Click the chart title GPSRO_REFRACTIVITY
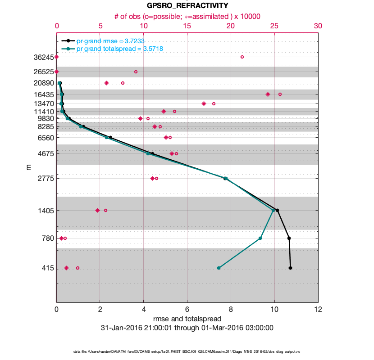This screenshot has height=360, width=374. (187, 6)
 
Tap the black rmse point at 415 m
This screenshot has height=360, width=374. (290, 268)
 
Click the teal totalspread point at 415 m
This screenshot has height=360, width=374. (219, 268)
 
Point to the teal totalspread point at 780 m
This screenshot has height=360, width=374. (260, 238)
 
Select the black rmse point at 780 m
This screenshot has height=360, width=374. (289, 238)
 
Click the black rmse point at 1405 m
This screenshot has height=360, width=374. (277, 210)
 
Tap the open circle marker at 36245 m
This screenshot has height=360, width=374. (242, 57)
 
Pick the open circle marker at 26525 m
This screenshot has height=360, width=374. (136, 72)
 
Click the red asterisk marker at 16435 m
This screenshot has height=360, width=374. (268, 94)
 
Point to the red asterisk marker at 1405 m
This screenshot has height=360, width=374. (97, 210)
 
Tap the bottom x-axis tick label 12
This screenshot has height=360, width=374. (318, 310)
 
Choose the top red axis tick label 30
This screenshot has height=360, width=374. (318, 26)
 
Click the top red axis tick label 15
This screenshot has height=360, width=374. (187, 26)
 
